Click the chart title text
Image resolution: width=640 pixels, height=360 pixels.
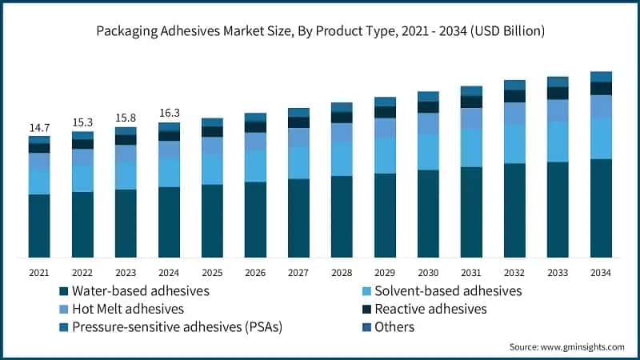pos(320,32)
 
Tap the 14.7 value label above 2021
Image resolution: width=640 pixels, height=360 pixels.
pos(39,127)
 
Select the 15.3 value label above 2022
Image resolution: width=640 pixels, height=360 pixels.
pos(82,122)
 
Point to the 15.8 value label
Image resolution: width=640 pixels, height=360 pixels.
pos(126,118)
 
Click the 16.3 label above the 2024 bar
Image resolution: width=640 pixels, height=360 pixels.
pos(169,114)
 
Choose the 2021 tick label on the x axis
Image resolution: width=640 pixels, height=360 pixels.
pos(39,273)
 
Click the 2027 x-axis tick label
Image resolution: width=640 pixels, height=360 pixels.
pos(298,273)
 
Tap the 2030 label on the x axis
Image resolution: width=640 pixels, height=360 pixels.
pos(428,273)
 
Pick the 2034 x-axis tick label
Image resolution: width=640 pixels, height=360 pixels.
pos(601,273)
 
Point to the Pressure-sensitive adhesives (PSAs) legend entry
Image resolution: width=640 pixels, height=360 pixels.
pos(170,327)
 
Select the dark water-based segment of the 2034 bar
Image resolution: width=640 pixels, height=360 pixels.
pos(601,208)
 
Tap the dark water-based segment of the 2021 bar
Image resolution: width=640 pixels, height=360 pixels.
pos(39,226)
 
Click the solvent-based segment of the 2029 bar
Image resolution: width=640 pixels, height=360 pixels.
pos(385,155)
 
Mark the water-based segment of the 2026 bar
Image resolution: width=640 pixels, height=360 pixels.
pos(255,219)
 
